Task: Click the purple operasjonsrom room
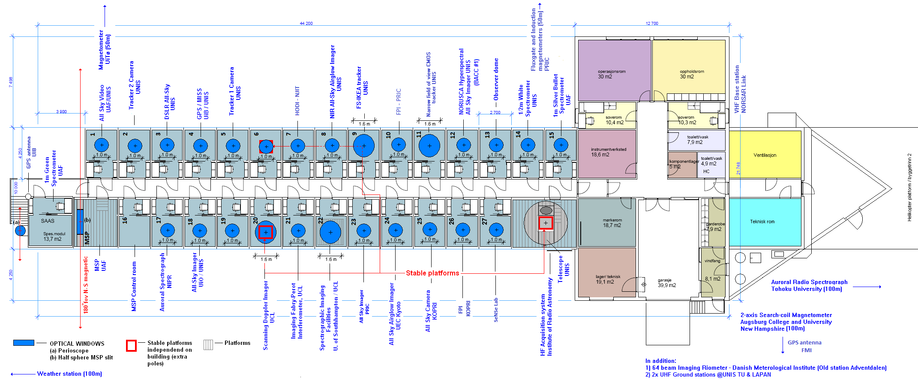click(x=614, y=71)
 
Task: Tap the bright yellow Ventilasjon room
click(x=765, y=155)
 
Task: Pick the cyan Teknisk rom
click(x=765, y=221)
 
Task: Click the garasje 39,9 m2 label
click(x=666, y=283)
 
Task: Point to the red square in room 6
click(x=266, y=147)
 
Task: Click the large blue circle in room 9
click(x=364, y=146)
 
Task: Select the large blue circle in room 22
click(x=330, y=232)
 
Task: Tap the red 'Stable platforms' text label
click(x=432, y=273)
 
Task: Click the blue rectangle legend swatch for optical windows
click(x=24, y=343)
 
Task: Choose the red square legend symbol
click(x=131, y=345)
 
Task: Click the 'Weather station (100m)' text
click(x=69, y=374)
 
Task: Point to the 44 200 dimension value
click(x=306, y=24)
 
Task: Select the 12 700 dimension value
click(x=651, y=24)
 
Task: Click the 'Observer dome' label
click(x=496, y=79)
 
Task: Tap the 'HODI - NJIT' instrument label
click(x=297, y=101)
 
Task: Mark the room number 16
click(x=125, y=220)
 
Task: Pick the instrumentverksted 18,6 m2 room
click(x=608, y=152)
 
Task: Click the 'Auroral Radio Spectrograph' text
click(x=809, y=282)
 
